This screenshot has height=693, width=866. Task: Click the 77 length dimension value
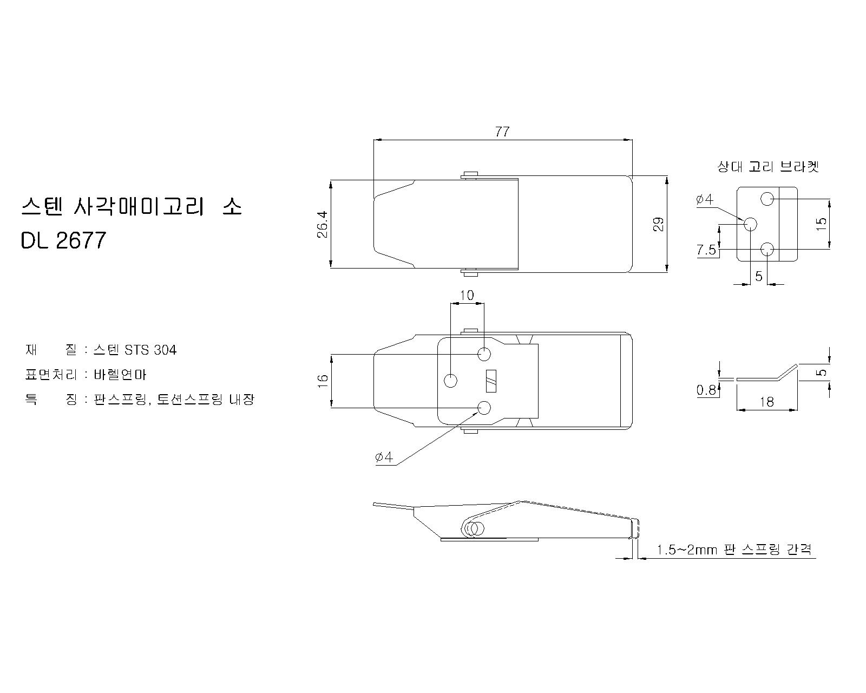(x=502, y=132)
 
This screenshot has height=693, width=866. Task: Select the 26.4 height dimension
(x=323, y=224)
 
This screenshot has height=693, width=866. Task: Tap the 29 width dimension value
(x=658, y=224)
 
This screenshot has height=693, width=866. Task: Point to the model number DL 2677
(x=63, y=240)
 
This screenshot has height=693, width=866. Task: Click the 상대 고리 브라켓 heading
(x=768, y=166)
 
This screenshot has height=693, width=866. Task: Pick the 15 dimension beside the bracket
(x=822, y=224)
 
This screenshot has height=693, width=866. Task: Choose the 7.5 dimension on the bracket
(x=707, y=250)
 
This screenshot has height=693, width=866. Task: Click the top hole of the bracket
(x=767, y=199)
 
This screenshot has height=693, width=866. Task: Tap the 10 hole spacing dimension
(x=467, y=296)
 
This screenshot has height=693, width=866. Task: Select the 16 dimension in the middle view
(x=323, y=381)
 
